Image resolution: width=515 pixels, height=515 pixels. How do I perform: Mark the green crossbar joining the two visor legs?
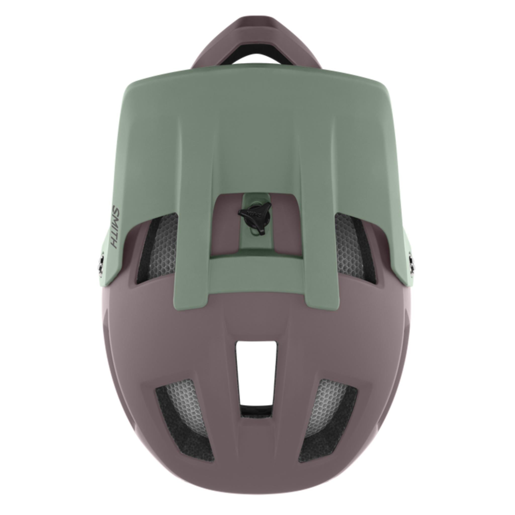[x=256, y=269]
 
